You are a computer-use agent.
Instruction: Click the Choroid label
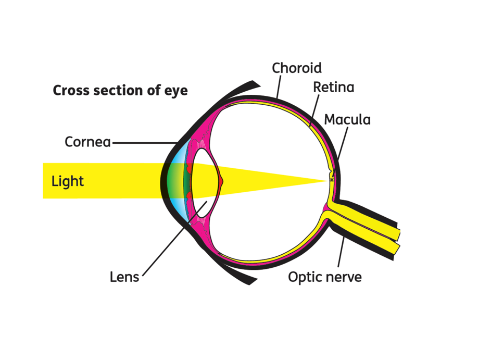(297, 68)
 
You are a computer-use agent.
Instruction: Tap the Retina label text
(333, 87)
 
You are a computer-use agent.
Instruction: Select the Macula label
(347, 119)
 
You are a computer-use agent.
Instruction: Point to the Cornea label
(87, 142)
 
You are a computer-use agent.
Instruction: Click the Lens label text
(124, 277)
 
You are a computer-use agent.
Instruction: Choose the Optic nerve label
(325, 277)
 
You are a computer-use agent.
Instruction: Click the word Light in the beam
(67, 181)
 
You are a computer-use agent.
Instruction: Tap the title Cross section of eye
(120, 91)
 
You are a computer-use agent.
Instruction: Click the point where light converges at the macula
(328, 180)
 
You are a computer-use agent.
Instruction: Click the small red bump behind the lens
(221, 181)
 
